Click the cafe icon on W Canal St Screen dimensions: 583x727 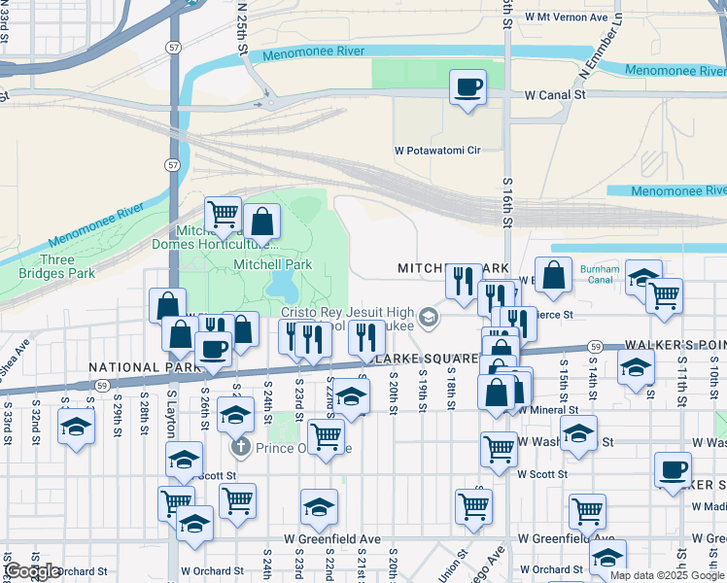[467, 87]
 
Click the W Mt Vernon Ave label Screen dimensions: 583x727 [566, 17]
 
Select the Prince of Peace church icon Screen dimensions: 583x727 [240, 448]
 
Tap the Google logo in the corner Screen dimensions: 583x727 [32, 571]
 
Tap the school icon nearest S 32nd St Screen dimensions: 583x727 [76, 428]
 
